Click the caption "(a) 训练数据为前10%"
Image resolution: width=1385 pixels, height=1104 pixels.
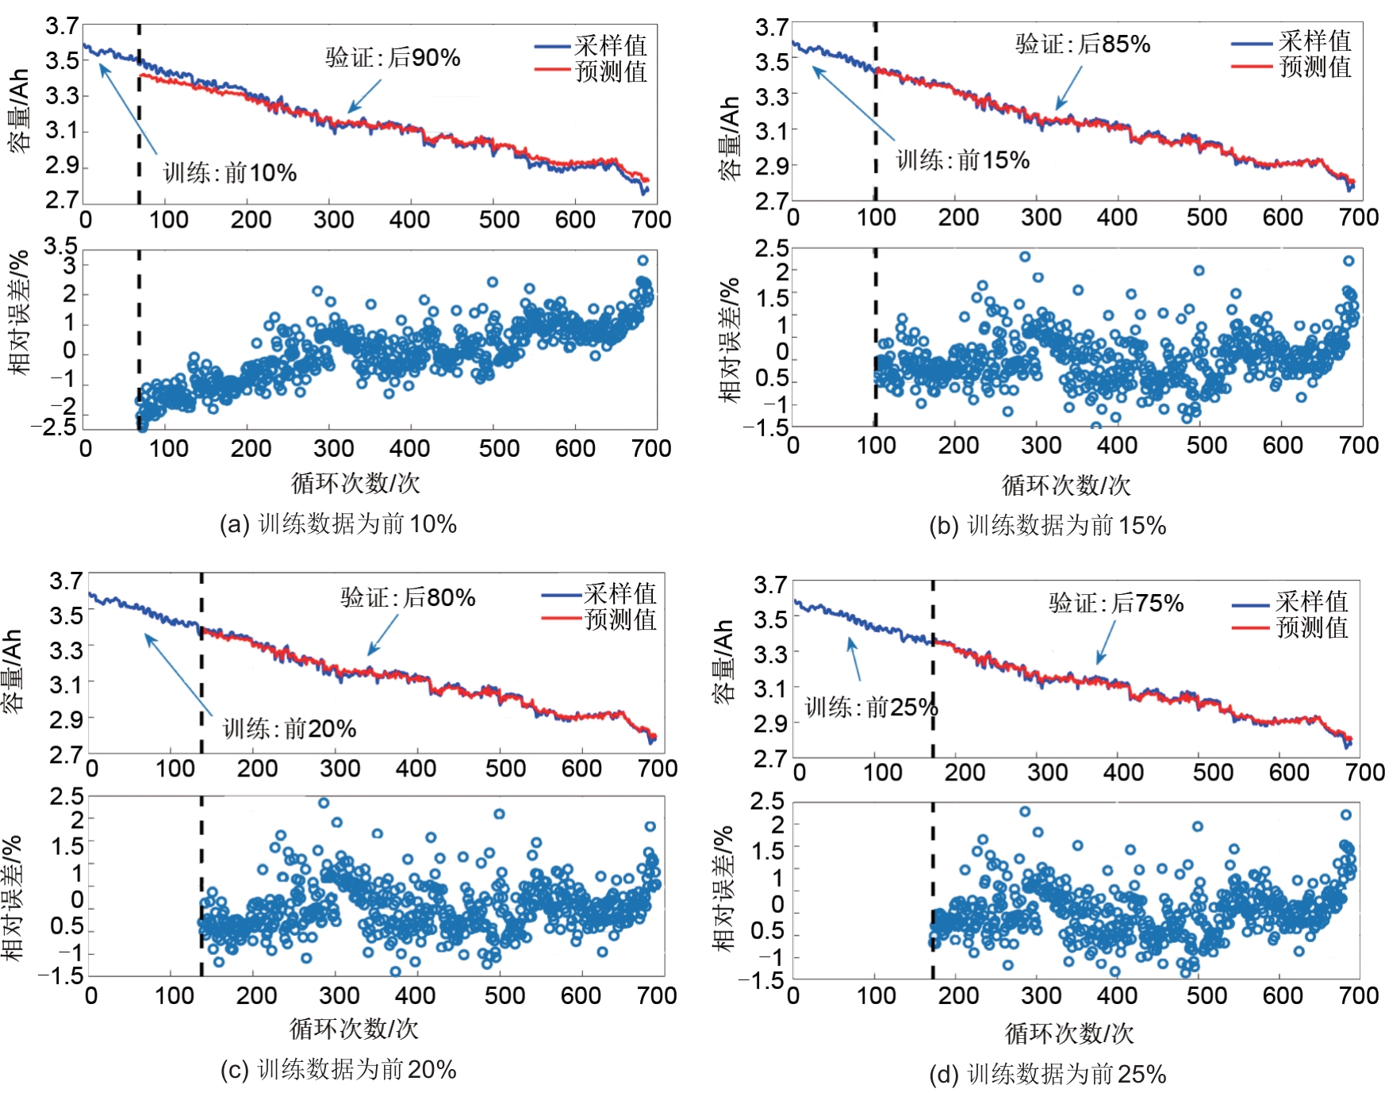point(338,524)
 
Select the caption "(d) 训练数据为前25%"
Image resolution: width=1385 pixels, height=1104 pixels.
point(1047,1075)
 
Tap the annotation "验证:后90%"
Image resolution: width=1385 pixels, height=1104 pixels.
point(393,57)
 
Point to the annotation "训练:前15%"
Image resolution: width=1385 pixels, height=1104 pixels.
point(962,160)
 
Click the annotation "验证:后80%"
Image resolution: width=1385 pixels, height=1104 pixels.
point(408,597)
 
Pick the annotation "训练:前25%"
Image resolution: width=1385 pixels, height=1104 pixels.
point(871,707)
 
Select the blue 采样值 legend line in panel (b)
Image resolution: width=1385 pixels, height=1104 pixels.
point(1252,44)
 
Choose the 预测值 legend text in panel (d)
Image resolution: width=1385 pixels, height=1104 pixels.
point(1312,628)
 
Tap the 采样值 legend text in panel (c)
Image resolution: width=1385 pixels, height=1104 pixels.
point(620,594)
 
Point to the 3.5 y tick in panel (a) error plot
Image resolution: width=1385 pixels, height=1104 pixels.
point(60,246)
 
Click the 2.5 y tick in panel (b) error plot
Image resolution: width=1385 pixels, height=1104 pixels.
point(771,249)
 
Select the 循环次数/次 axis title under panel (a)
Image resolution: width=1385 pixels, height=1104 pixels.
point(355,483)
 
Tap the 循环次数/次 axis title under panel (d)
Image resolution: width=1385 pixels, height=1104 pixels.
point(1068,1033)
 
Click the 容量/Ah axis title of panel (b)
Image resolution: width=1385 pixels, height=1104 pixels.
point(729,139)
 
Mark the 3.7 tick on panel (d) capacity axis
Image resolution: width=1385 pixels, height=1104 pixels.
point(770,585)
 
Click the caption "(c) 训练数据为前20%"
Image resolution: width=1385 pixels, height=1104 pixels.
point(338,1070)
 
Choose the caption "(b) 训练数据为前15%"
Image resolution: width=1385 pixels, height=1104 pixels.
point(1047,526)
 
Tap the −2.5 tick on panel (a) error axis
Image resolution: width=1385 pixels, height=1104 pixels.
point(54,427)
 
